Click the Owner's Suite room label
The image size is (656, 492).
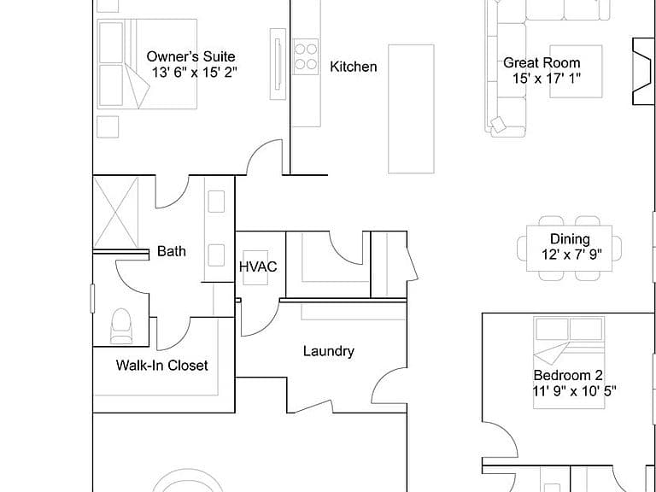(x=190, y=56)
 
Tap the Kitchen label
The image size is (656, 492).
(x=353, y=67)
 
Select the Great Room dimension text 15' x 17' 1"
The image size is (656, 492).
(x=547, y=79)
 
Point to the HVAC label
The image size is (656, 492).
(x=258, y=266)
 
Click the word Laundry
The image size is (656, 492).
(x=328, y=351)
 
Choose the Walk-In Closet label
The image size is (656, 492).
(x=162, y=366)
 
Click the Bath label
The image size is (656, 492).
(x=172, y=251)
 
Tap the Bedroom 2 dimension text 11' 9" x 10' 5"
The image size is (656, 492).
(x=574, y=391)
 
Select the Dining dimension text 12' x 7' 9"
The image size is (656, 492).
(x=571, y=255)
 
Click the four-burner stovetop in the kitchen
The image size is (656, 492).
(x=306, y=57)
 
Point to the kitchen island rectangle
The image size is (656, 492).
(x=411, y=108)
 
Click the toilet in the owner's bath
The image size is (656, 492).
(x=121, y=326)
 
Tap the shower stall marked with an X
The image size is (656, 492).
(x=116, y=212)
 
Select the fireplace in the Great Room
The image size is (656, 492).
(x=643, y=71)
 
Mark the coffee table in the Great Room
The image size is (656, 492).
(x=576, y=72)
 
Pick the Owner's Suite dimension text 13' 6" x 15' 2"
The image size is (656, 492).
(x=194, y=73)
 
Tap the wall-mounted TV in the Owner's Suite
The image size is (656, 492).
(x=278, y=64)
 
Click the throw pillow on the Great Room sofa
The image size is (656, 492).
(x=498, y=124)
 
